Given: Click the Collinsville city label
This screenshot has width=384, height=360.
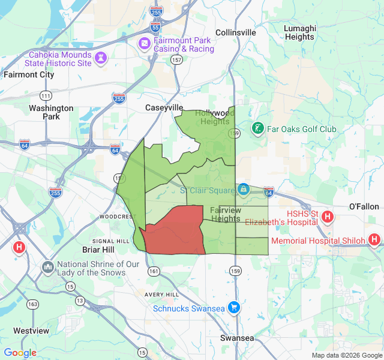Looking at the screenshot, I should [x=235, y=32].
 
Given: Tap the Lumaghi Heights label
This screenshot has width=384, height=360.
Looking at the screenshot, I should [x=299, y=32].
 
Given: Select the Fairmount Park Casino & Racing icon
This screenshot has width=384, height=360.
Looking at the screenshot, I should [x=145, y=43].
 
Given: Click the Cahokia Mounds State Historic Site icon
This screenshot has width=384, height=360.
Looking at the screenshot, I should [x=101, y=59].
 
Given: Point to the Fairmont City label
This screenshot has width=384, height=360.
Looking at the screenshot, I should [x=29, y=75].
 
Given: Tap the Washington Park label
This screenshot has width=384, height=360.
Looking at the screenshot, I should [x=51, y=112].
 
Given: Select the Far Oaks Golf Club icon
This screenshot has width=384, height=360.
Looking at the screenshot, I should [x=258, y=128].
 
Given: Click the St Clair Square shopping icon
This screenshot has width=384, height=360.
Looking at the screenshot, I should [x=242, y=190].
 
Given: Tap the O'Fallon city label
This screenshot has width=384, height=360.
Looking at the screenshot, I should [x=364, y=206].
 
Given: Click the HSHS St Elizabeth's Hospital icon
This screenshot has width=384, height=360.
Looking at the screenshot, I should [x=328, y=217].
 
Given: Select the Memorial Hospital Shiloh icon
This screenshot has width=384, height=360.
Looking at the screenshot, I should [x=374, y=240].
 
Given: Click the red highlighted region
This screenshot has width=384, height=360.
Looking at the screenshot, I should [x=174, y=231].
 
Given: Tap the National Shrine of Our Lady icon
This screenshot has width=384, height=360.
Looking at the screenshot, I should [x=48, y=266].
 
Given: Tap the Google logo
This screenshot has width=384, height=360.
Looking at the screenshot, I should [x=20, y=353].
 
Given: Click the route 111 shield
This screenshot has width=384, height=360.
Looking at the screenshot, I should [x=46, y=96].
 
